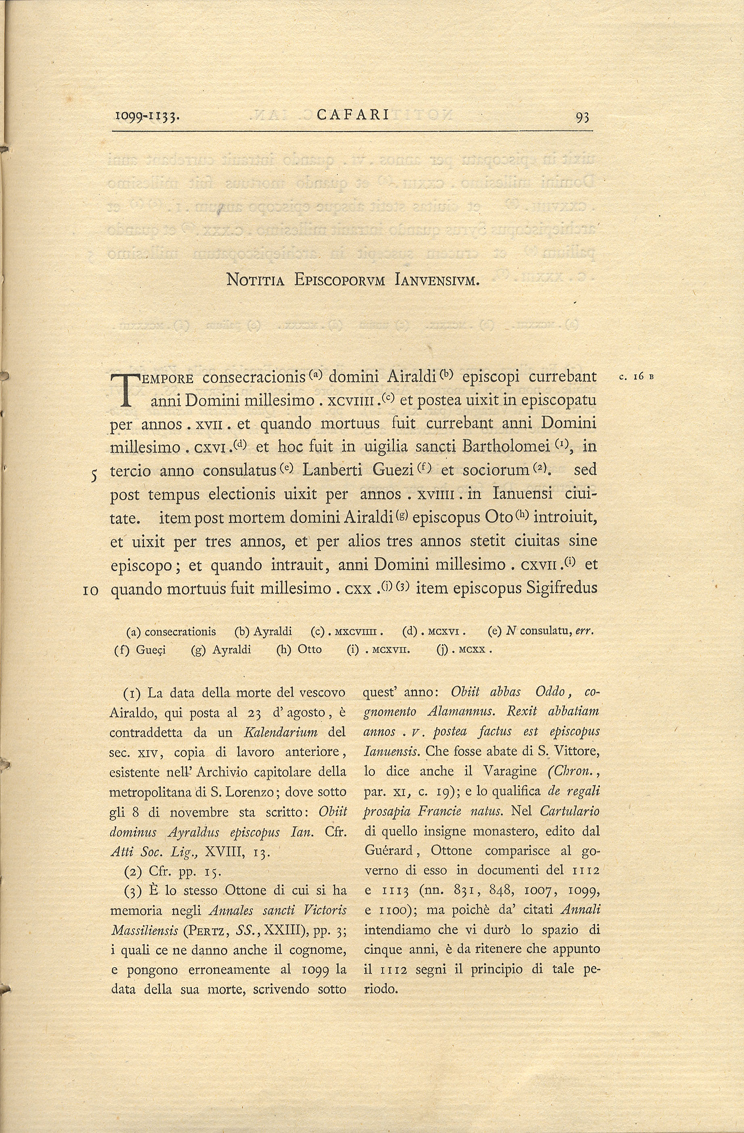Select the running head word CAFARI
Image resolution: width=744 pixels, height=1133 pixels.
(353, 115)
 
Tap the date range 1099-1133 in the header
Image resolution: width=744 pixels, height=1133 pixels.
(147, 116)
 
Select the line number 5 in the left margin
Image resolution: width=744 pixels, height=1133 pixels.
(95, 475)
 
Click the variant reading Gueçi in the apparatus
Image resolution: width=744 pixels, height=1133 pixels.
(151, 650)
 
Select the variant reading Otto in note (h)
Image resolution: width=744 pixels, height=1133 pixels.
(309, 650)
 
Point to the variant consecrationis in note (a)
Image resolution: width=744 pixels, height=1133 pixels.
(180, 632)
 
